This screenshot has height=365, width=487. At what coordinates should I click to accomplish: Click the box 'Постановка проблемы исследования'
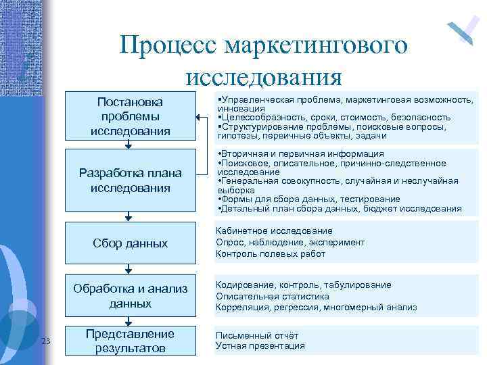pos(130,116)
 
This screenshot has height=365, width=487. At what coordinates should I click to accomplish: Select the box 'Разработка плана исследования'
pos(130,179)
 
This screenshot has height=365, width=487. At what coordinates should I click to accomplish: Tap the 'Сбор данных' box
pos(130,243)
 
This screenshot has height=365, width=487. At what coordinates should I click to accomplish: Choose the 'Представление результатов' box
pos(130,341)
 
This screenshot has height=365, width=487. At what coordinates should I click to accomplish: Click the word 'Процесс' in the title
pos(169,46)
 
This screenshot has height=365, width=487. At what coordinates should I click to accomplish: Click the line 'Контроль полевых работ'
pos(270,254)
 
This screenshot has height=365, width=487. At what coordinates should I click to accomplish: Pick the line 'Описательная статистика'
pos(272,296)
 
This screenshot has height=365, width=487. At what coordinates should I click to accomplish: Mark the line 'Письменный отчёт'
pos(256,335)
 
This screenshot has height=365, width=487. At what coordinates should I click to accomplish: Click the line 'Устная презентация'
pos(260,346)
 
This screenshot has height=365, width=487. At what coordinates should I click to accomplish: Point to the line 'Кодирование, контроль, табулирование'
pos(303,285)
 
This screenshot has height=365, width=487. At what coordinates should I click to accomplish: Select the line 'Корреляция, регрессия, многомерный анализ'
pos(316,308)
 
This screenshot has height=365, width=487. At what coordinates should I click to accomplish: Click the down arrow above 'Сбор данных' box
pos(129,216)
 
